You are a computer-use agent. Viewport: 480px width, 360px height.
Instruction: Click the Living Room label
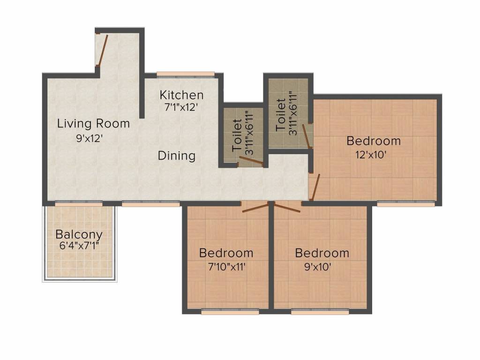click(x=93, y=124)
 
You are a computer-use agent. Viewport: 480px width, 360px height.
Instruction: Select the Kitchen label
click(x=181, y=95)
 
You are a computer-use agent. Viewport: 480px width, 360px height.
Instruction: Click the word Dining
click(x=176, y=156)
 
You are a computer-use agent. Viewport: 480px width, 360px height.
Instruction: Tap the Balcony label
click(x=79, y=234)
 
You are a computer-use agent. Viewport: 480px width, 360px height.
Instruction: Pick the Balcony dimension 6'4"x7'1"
click(x=79, y=245)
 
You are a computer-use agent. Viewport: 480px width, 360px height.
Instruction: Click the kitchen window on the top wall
click(x=185, y=74)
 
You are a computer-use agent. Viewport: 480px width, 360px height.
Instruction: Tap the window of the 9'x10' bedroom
click(x=320, y=312)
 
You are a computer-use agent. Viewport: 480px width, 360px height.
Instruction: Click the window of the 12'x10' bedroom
click(x=405, y=204)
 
